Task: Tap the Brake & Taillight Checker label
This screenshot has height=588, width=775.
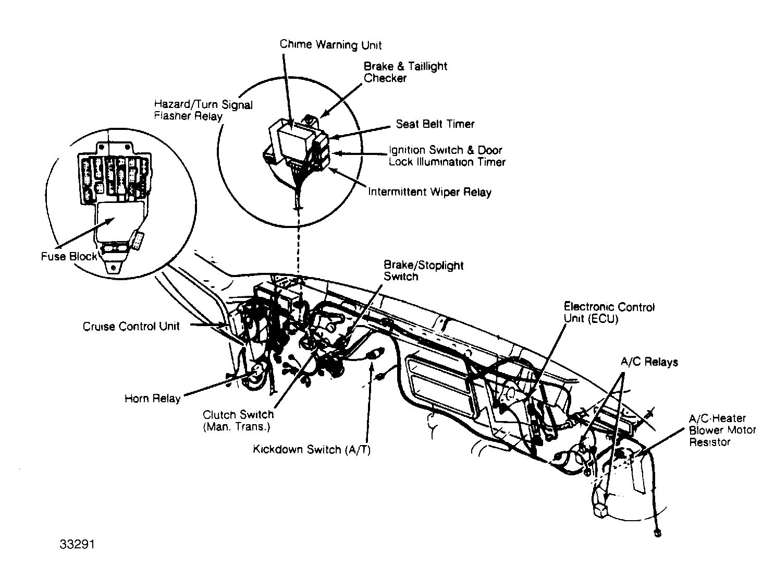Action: [405, 72]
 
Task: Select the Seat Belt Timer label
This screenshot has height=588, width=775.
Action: [435, 124]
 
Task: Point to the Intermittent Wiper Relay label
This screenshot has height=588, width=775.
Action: [429, 192]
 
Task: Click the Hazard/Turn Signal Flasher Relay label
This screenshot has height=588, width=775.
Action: [203, 110]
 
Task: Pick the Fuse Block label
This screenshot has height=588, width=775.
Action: [69, 256]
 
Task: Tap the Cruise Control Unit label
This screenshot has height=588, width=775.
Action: [131, 327]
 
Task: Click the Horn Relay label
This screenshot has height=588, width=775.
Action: [152, 399]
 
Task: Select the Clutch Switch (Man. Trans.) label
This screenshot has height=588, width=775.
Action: [238, 420]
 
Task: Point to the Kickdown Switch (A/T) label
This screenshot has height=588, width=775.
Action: [312, 450]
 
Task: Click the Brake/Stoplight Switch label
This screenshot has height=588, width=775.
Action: [423, 271]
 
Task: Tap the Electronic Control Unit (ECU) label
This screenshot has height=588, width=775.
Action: [609, 312]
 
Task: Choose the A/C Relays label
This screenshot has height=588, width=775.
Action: [649, 362]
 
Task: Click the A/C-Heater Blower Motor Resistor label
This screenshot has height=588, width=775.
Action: [722, 430]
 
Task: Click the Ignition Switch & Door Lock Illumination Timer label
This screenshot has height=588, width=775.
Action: [447, 156]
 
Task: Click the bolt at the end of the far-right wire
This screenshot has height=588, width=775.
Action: [657, 533]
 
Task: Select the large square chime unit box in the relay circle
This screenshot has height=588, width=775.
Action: [294, 138]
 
